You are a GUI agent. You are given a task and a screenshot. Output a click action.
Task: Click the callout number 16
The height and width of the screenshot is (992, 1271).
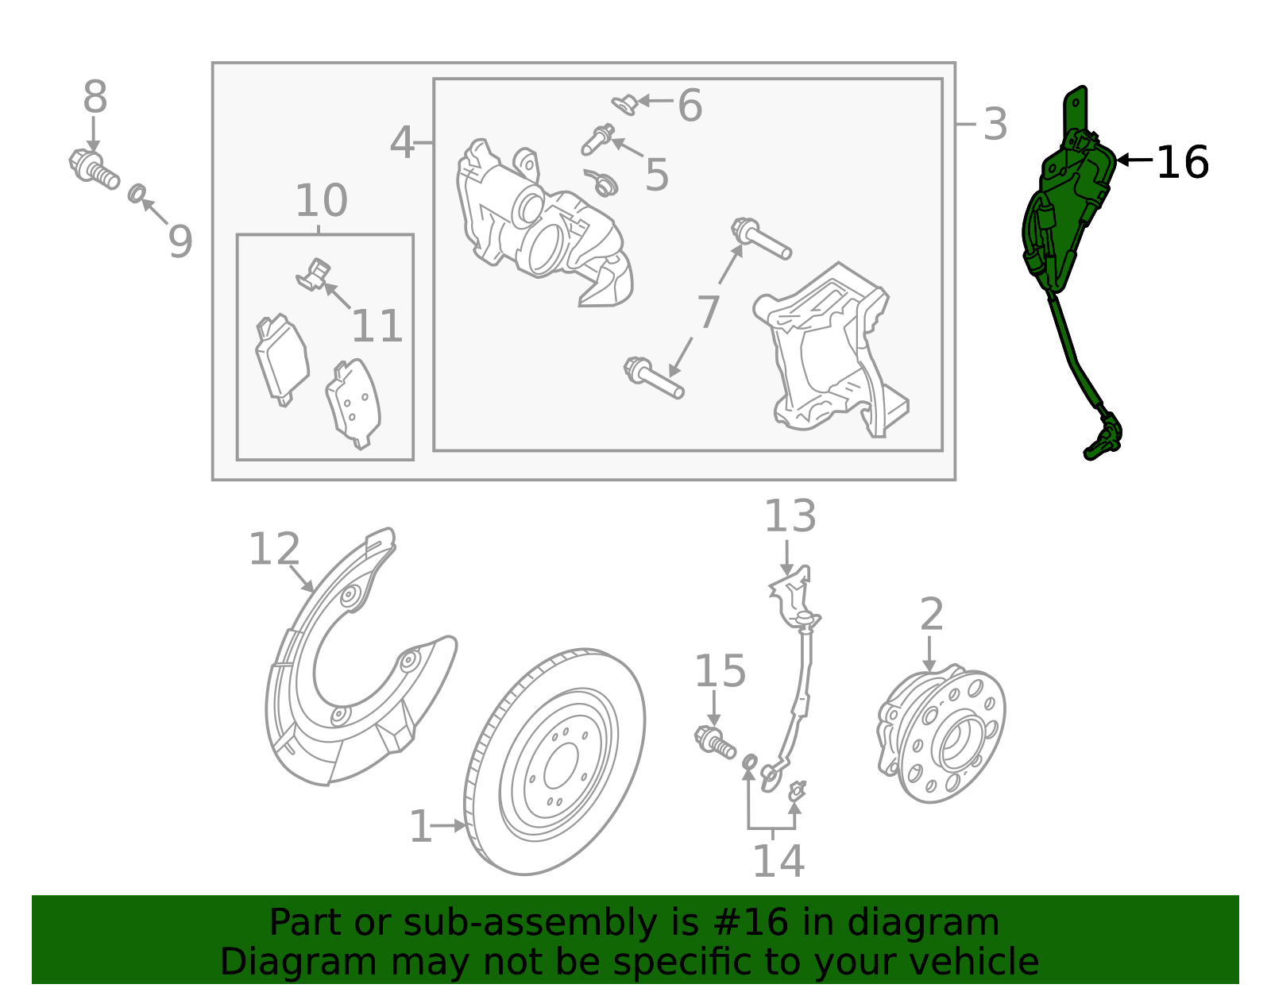[x=1182, y=162]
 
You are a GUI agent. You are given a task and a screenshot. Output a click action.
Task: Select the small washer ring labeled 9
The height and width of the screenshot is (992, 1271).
[x=137, y=192]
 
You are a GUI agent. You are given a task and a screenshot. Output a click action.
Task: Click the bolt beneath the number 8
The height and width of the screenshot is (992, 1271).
[x=94, y=168]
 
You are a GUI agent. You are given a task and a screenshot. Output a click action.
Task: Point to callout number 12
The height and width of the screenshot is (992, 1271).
[x=274, y=549]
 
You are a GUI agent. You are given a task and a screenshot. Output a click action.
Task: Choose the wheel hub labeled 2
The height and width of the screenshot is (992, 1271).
[x=942, y=735]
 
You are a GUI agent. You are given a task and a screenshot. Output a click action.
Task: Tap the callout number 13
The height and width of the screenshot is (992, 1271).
[x=790, y=516]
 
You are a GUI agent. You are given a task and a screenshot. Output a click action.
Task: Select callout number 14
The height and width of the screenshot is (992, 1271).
[x=778, y=861]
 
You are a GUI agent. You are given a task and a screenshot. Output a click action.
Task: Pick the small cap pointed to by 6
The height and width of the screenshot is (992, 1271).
[x=624, y=103]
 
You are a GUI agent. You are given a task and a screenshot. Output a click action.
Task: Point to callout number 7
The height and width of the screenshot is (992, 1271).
[x=708, y=312]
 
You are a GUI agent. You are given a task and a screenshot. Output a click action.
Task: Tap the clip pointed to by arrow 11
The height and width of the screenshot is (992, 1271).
[x=313, y=273]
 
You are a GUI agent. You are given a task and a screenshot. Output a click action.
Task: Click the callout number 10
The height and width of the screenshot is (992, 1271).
[x=321, y=200]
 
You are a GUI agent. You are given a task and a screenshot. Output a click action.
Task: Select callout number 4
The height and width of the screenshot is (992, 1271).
[x=402, y=143]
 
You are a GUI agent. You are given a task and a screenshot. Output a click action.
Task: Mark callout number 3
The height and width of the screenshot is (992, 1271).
[x=995, y=125]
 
